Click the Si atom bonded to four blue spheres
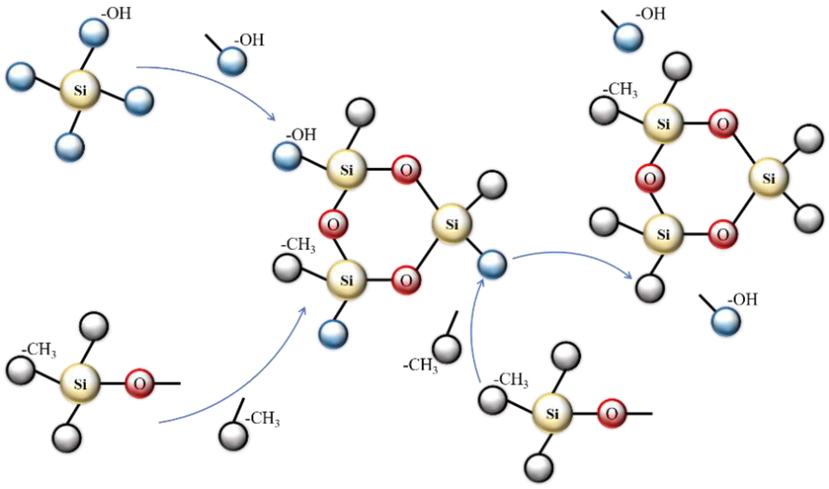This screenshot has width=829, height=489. click(x=80, y=90)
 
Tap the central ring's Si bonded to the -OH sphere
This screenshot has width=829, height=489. click(x=347, y=170)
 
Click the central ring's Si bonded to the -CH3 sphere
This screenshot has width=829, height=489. click(x=347, y=280)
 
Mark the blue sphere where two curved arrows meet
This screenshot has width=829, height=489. click(x=492, y=264)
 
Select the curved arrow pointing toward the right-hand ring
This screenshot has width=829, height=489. click(x=573, y=255)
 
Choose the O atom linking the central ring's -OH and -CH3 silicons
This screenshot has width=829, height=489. click(x=333, y=225)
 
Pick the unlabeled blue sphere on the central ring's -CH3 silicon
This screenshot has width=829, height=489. click(x=333, y=334)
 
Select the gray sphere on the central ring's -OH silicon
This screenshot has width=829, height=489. click(x=360, y=112)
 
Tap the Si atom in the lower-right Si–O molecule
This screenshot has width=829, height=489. click(x=552, y=413)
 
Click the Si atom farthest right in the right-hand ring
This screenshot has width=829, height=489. click(x=769, y=178)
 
